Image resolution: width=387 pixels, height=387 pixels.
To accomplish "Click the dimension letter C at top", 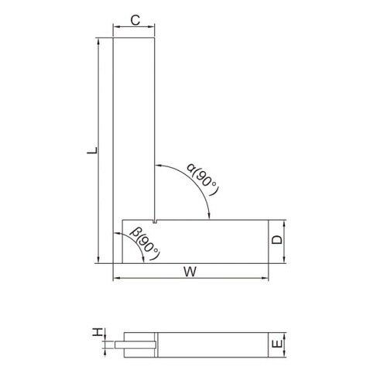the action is click(135, 20).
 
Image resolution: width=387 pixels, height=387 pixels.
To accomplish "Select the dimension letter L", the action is click(92, 151).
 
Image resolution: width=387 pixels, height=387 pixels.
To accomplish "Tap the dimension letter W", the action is click(190, 272).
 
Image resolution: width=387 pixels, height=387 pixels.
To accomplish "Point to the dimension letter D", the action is click(278, 239).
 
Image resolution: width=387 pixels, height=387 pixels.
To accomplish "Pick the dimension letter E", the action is click(277, 344).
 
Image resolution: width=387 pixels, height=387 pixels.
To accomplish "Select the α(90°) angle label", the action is click(203, 179).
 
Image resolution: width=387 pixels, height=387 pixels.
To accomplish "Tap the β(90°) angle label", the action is click(146, 243).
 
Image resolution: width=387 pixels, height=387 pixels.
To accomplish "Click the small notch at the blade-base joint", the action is click(155, 221).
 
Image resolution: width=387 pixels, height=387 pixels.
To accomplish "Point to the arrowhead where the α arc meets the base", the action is click(209, 216).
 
